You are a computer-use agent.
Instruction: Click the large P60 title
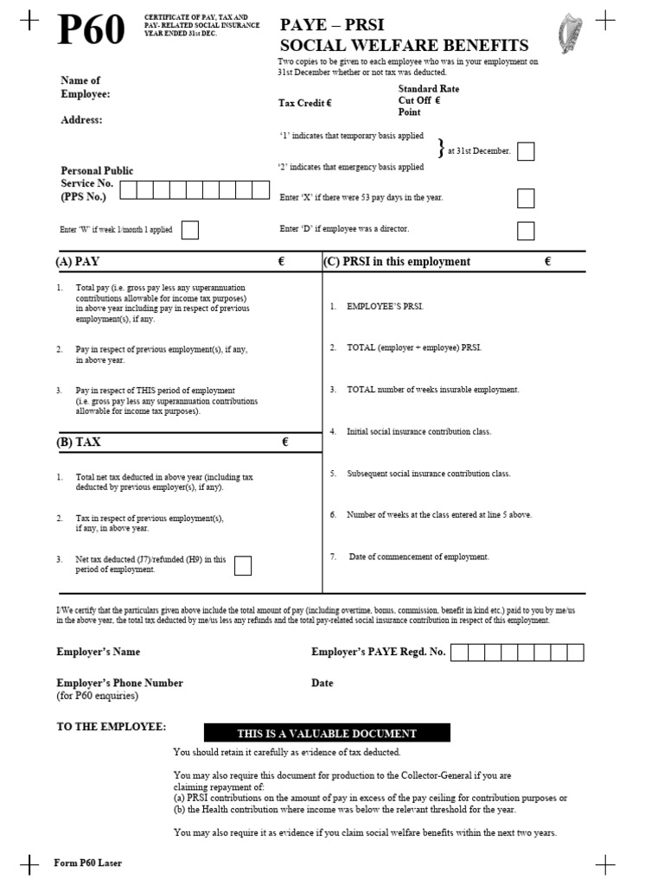(91, 32)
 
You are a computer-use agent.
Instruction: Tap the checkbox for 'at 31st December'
(526, 151)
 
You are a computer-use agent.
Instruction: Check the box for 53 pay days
(526, 198)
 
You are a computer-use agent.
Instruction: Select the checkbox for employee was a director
(526, 230)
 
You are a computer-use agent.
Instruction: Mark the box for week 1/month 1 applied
(190, 230)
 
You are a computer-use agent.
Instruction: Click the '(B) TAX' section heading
(79, 442)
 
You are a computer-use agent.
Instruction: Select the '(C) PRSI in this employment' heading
(398, 262)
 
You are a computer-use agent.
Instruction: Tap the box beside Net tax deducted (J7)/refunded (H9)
(243, 565)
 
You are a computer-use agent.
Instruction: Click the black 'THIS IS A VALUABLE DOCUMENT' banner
(327, 733)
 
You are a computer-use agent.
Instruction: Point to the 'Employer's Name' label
(98, 652)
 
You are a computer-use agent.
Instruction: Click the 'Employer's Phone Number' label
(119, 683)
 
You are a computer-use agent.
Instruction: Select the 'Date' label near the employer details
(322, 683)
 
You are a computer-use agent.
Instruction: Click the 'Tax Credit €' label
(304, 103)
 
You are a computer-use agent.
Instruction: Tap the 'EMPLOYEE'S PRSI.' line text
(385, 307)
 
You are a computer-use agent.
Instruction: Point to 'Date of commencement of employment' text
(418, 557)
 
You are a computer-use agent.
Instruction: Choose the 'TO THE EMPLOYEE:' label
(112, 727)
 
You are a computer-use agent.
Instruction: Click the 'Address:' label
(81, 120)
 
